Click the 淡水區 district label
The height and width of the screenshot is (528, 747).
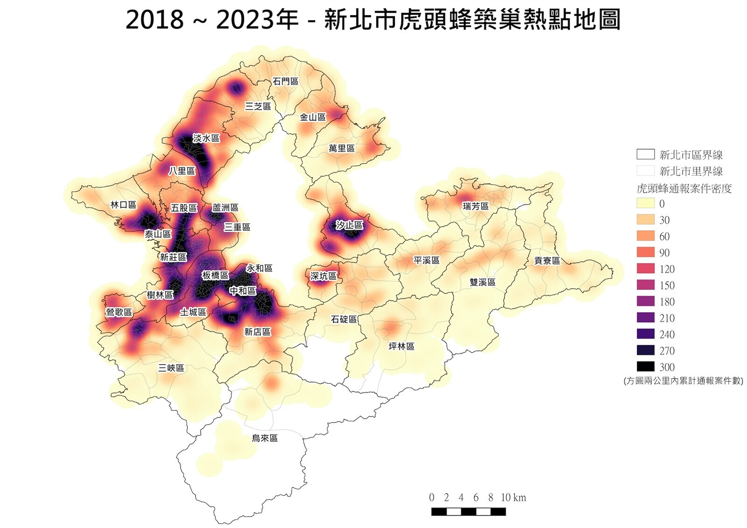click(x=206, y=138)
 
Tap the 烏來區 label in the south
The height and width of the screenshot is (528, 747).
click(x=265, y=438)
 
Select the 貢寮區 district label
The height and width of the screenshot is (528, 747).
click(x=547, y=261)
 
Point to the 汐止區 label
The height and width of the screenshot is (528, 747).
click(x=349, y=225)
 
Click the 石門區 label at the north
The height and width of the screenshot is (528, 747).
click(x=285, y=81)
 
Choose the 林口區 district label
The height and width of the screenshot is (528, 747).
click(x=123, y=205)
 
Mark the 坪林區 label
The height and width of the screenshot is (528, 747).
click(x=401, y=346)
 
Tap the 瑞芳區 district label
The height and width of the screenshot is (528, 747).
click(x=475, y=206)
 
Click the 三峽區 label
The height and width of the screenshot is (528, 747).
click(x=171, y=368)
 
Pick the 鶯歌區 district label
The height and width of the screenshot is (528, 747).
click(x=119, y=312)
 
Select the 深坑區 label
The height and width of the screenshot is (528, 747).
click(x=323, y=276)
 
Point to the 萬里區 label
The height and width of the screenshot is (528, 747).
click(x=341, y=148)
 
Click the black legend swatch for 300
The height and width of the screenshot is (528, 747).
click(x=645, y=367)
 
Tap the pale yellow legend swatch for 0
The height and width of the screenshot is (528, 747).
click(x=645, y=203)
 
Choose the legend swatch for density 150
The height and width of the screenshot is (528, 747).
click(x=645, y=285)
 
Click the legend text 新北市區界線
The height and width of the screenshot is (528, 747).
click(x=691, y=155)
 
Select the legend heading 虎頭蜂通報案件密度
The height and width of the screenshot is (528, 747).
click(x=684, y=189)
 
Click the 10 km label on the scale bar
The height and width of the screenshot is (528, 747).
click(x=513, y=498)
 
